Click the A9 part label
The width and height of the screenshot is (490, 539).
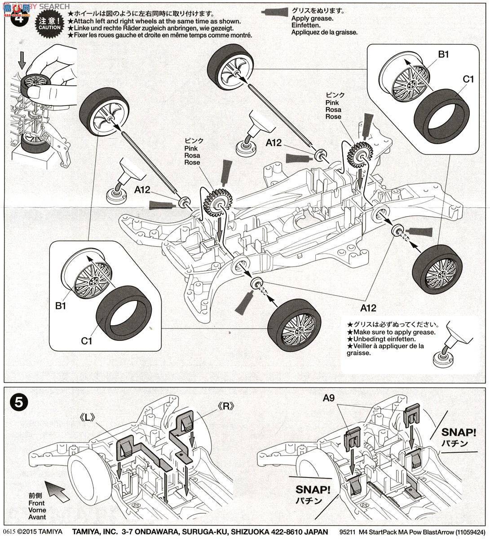(x=329, y=398)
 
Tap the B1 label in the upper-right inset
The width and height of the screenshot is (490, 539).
(x=443, y=55)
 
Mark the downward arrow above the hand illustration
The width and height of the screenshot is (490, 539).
(x=22, y=58)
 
